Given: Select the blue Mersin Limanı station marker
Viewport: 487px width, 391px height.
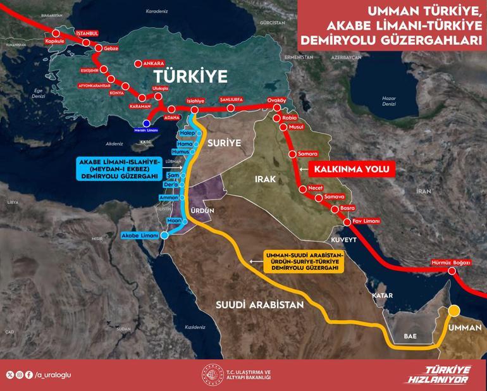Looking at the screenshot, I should click(x=147, y=123).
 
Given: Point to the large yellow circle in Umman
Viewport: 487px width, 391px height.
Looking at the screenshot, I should click(x=454, y=311).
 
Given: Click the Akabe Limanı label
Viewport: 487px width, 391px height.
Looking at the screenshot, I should click(x=140, y=235).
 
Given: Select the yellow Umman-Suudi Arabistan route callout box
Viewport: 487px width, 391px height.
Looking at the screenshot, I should click(x=302, y=261).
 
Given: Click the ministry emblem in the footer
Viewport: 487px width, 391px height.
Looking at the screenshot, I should click(x=209, y=374).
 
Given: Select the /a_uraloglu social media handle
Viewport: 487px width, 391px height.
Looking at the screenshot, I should click(x=52, y=375).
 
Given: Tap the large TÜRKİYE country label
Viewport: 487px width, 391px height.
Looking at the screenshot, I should click(x=190, y=77).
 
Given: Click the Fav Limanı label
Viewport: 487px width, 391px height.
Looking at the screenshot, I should click(x=366, y=221).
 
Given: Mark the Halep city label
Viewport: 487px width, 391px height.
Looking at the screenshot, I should click(x=188, y=133).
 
